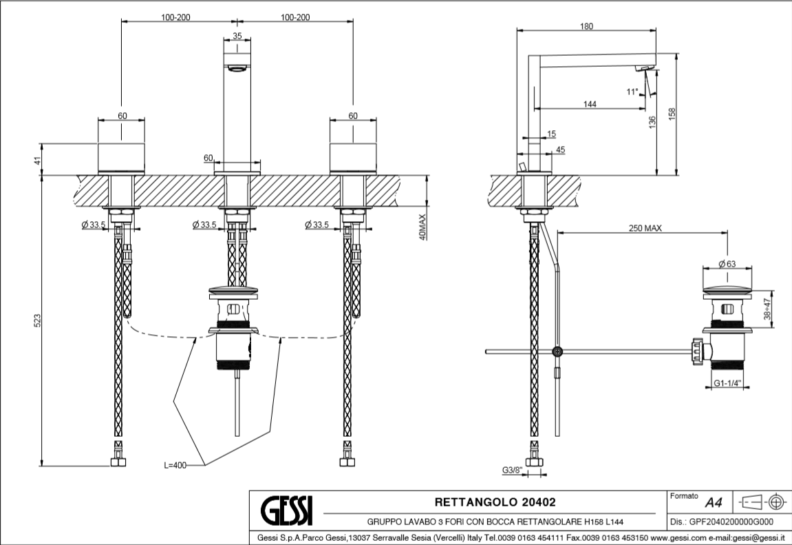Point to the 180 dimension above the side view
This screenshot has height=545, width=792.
[586, 27]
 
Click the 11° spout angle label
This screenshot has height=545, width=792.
[632, 91]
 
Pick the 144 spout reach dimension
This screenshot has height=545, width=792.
[589, 104]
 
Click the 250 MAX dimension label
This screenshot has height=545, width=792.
[645, 229]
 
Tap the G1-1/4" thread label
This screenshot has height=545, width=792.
[727, 384]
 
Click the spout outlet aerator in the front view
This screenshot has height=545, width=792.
[237, 68]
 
